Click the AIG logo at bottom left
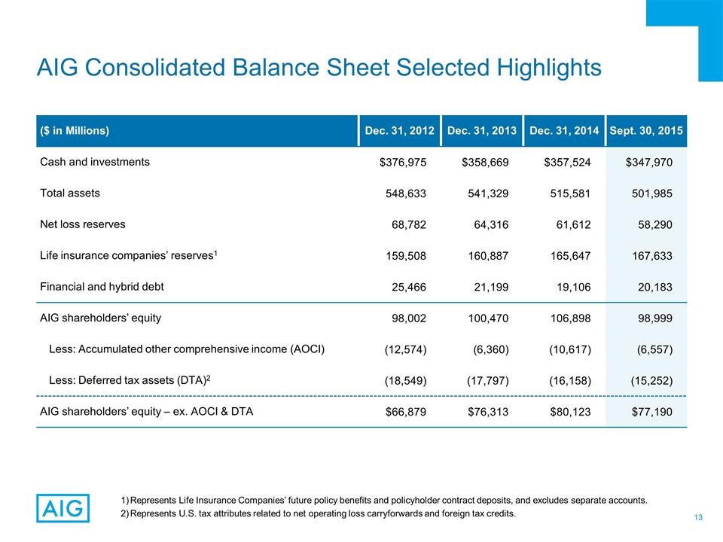tap(63, 508)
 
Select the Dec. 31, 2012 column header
tap(399, 131)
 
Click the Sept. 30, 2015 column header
tap(648, 131)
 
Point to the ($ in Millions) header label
tap(75, 131)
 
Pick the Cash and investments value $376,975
tap(403, 162)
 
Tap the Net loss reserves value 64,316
tap(487, 224)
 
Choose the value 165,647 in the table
tap(569, 255)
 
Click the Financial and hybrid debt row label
tap(102, 286)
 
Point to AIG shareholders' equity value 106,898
tap(569, 318)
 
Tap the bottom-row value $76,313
tap(484, 412)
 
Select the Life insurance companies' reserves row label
tap(128, 255)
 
